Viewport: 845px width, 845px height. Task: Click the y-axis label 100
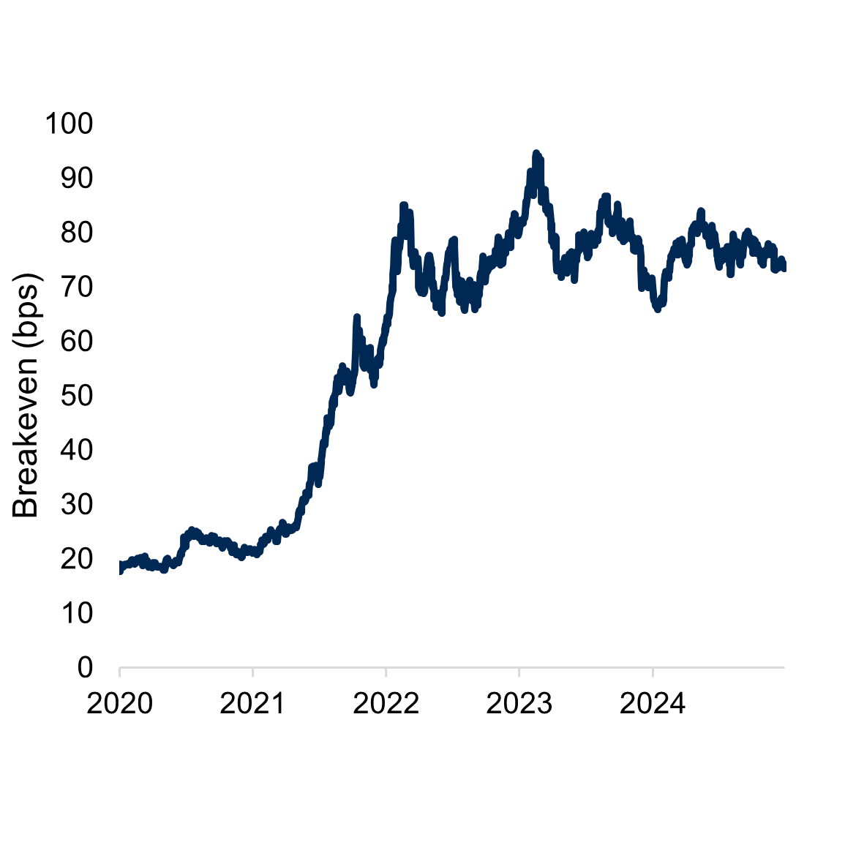pos(70,123)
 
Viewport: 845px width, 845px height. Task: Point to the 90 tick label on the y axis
pos(77,178)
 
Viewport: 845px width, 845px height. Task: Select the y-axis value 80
pos(77,233)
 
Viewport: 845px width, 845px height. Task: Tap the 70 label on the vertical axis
pos(77,287)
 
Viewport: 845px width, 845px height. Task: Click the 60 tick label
pos(77,341)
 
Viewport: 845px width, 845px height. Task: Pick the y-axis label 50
pos(77,396)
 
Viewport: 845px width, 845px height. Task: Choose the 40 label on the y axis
pos(77,450)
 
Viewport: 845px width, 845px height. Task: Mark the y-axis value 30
pos(77,504)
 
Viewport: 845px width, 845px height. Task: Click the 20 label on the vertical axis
pos(77,559)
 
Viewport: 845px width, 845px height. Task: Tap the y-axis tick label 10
pos(77,613)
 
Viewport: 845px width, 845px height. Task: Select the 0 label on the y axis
pos(86,667)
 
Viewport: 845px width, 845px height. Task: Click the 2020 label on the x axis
pos(119,704)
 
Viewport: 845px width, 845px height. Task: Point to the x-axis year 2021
pos(252,704)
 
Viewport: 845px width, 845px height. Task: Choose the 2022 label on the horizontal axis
pos(386,704)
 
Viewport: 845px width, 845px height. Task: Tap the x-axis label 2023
pos(519,704)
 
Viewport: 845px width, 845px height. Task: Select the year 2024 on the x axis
pos(652,704)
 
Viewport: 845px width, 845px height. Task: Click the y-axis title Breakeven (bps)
pos(26,395)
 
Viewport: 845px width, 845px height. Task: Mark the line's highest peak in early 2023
pos(536,154)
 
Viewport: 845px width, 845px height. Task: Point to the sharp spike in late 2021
pos(356,318)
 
